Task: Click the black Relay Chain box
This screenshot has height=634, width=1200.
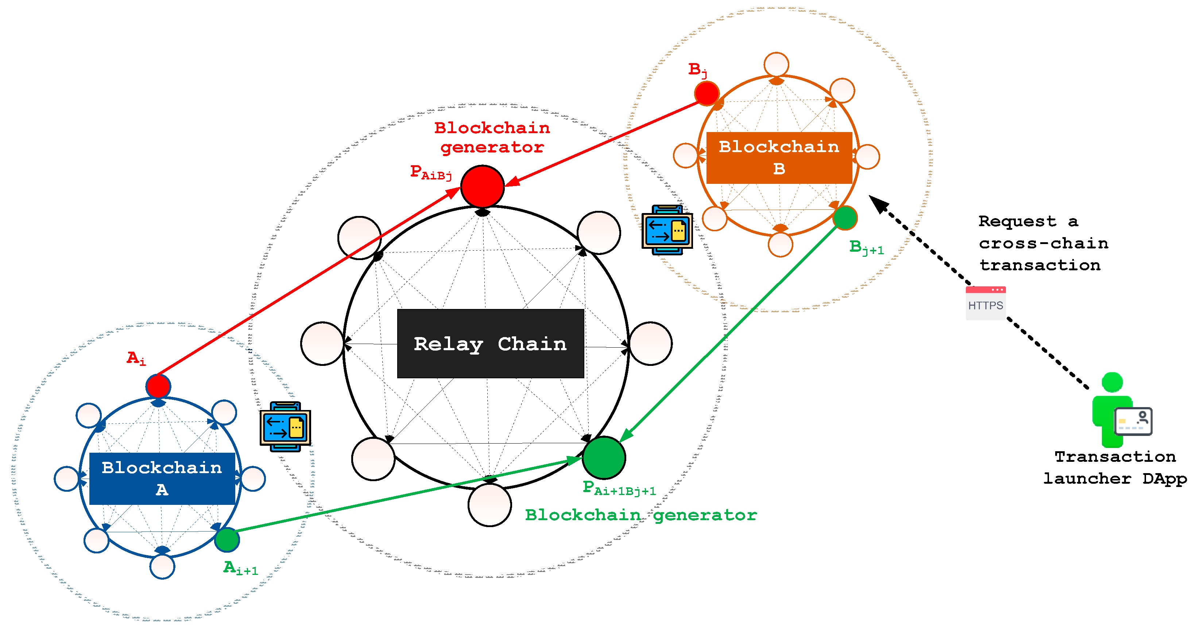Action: pyautogui.click(x=490, y=343)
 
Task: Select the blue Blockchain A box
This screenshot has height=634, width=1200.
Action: pyautogui.click(x=162, y=478)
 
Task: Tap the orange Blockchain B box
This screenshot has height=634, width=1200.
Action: pyautogui.click(x=779, y=158)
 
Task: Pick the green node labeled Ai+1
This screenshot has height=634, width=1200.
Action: pyautogui.click(x=227, y=540)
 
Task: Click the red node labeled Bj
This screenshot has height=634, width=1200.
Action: pyautogui.click(x=706, y=93)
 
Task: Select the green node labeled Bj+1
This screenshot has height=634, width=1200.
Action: pyautogui.click(x=845, y=217)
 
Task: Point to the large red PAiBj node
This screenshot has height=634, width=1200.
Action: pyautogui.click(x=482, y=186)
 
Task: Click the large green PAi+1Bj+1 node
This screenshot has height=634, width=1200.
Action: pyautogui.click(x=604, y=457)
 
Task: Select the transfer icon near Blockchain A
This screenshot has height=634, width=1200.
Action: pyautogui.click(x=285, y=427)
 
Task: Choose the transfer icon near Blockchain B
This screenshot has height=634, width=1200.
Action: pyautogui.click(x=667, y=230)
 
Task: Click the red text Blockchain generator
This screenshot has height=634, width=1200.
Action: pyautogui.click(x=492, y=138)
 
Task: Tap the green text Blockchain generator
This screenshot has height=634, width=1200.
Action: pyautogui.click(x=640, y=515)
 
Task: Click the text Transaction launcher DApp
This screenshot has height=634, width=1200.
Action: pyautogui.click(x=1115, y=467)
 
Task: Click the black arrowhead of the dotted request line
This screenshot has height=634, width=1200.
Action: pyautogui.click(x=878, y=204)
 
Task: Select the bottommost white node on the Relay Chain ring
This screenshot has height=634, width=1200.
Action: pyautogui.click(x=489, y=505)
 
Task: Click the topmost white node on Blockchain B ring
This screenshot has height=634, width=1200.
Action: pyautogui.click(x=776, y=64)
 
